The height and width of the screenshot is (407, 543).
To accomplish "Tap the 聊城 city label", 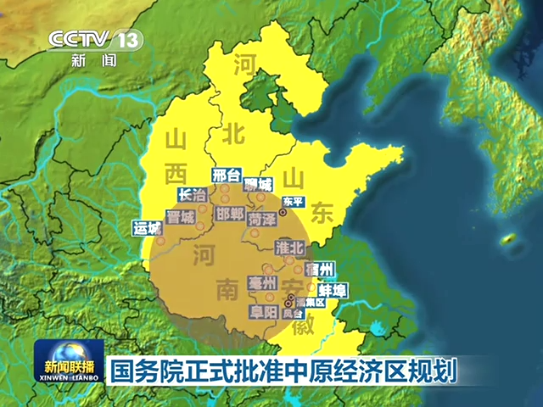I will [258, 184].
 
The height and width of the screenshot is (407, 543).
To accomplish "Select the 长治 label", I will [193, 194].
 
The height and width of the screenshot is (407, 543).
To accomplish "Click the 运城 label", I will [147, 228].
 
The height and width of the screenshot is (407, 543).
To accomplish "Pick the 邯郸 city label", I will [229, 212].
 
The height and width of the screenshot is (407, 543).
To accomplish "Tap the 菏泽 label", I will [261, 219].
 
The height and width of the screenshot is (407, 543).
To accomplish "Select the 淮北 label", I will [290, 248].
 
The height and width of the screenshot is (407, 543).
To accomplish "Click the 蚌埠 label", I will [332, 291].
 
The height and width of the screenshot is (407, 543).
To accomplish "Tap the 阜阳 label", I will [263, 312].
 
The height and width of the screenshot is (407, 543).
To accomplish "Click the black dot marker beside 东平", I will [283, 213].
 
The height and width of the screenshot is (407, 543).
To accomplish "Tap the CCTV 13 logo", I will [94, 40].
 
